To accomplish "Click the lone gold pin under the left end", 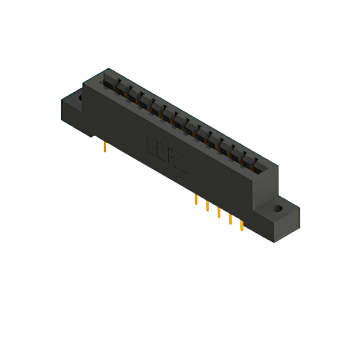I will pyautogui.click(x=105, y=147).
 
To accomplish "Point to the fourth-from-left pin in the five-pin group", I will pyautogui.click(x=230, y=219).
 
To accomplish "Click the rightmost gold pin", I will pyautogui.click(x=242, y=226).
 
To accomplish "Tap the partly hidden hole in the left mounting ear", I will pyautogui.click(x=80, y=98).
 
